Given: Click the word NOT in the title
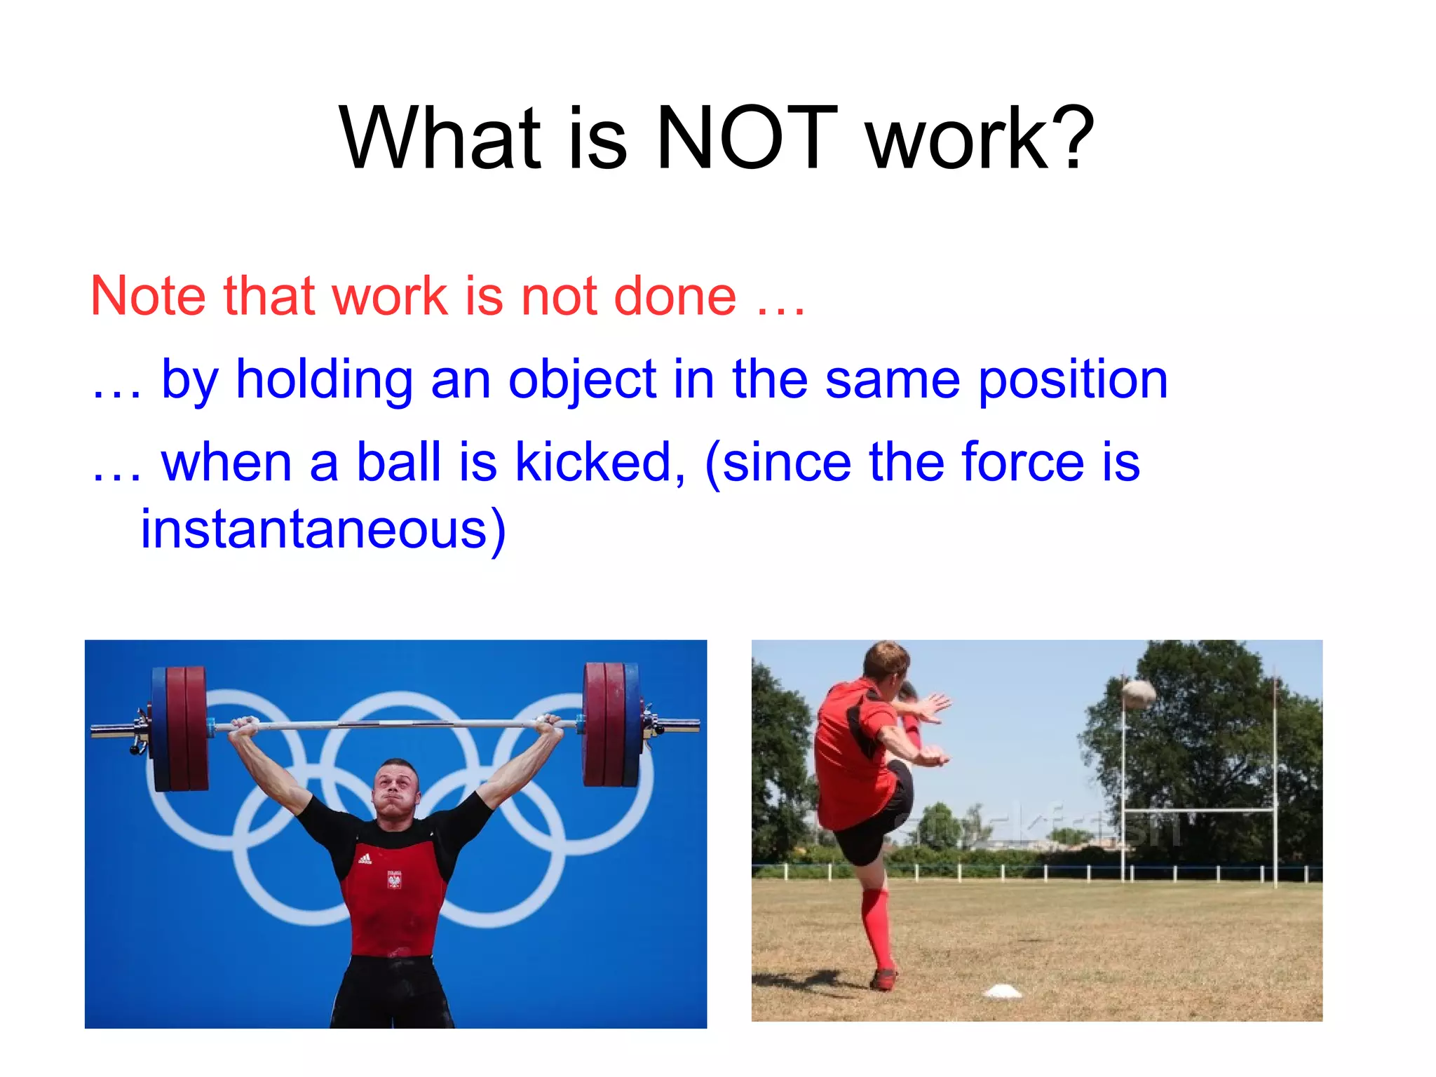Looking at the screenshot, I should click(x=747, y=138).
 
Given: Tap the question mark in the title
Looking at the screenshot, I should click(x=1069, y=138).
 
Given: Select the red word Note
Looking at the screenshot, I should click(x=148, y=296).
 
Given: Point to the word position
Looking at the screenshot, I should click(x=1073, y=380).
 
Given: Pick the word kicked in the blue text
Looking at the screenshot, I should click(x=600, y=462).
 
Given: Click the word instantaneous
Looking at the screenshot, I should click(x=323, y=529).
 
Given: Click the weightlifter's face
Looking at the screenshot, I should click(x=396, y=789).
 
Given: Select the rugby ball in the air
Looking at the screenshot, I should click(x=1138, y=693).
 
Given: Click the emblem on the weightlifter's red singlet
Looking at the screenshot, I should click(x=394, y=879).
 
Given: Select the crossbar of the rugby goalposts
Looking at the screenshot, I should click(x=1199, y=811).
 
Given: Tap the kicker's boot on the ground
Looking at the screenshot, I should click(x=883, y=979).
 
